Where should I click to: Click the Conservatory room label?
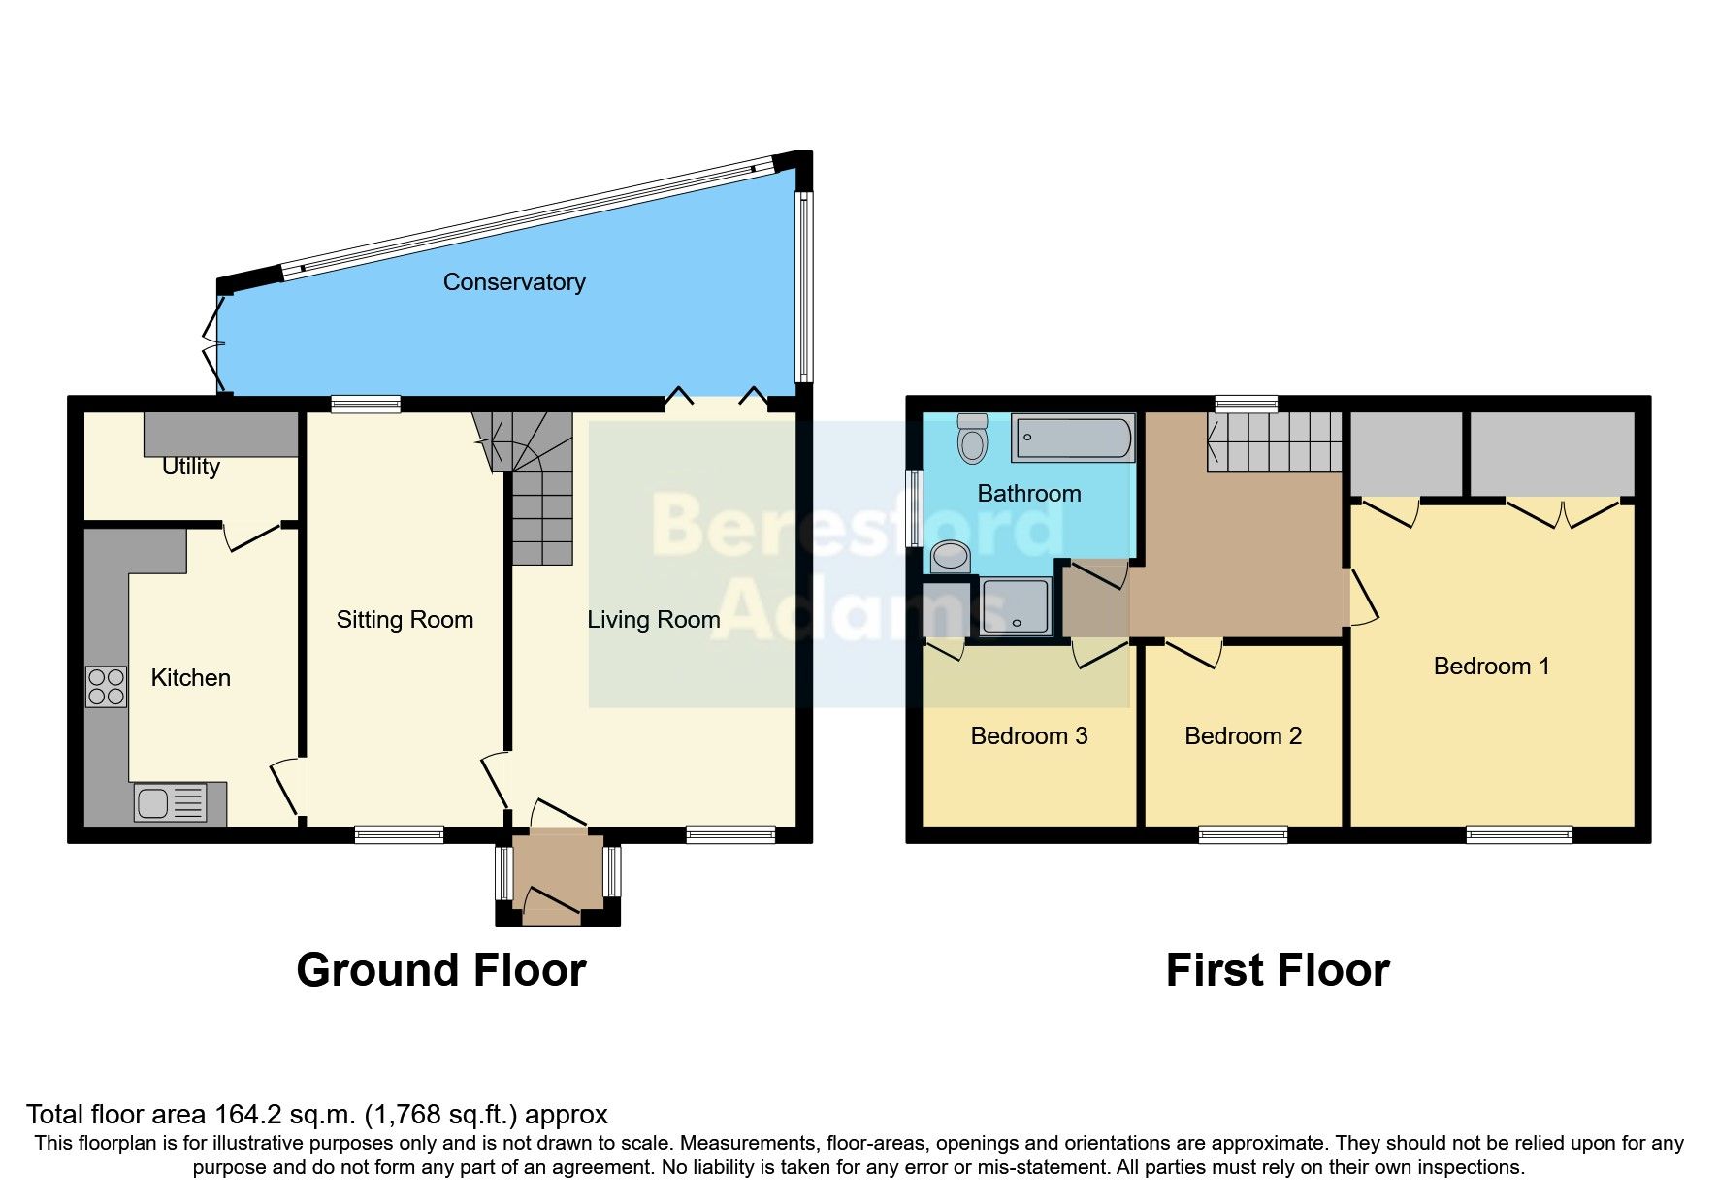[x=514, y=282]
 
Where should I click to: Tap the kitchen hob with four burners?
[x=106, y=687]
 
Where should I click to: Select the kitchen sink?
[x=170, y=803]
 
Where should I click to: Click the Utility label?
[x=190, y=467]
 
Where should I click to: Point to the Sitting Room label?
[x=405, y=620]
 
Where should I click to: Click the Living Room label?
[x=653, y=620]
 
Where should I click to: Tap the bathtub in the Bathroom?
[x=1072, y=439]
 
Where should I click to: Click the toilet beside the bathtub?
[x=972, y=439]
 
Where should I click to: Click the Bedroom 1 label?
[x=1491, y=667]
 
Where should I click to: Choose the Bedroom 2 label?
[x=1243, y=736]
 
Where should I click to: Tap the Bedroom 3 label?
[x=1028, y=736]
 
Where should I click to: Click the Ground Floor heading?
[x=441, y=970]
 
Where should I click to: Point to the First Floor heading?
[x=1278, y=970]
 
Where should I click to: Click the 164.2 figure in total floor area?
[x=246, y=1115]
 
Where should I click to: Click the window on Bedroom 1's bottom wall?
[x=1518, y=834]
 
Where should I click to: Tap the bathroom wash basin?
[x=951, y=557]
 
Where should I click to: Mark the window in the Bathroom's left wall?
[x=913, y=507]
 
